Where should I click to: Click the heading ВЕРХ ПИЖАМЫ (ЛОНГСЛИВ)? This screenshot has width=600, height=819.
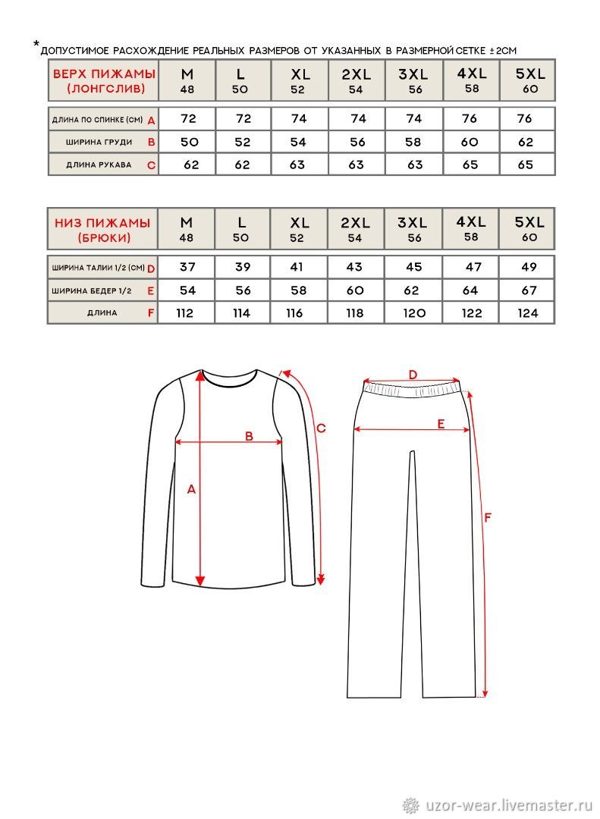click(103, 81)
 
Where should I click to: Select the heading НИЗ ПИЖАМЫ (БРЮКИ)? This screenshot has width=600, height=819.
click(103, 230)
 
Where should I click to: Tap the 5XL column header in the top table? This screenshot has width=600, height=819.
click(529, 80)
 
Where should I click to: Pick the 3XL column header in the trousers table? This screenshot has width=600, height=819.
click(413, 228)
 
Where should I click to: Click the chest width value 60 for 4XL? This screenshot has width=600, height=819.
click(470, 142)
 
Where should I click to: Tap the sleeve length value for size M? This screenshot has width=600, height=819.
click(191, 165)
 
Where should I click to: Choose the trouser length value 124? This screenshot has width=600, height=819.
click(529, 312)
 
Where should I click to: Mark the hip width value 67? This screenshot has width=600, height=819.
click(529, 290)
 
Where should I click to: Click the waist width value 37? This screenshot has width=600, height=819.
click(186, 267)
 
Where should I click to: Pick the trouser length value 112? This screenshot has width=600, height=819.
click(184, 312)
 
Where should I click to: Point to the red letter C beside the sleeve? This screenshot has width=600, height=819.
click(321, 428)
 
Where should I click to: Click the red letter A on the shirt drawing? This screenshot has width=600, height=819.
click(191, 490)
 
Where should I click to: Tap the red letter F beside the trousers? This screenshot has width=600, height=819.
click(488, 517)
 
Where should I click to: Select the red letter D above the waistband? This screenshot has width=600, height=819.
click(413, 374)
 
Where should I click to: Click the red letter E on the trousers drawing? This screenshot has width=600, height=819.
click(441, 425)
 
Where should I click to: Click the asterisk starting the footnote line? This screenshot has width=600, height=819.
click(36, 46)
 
